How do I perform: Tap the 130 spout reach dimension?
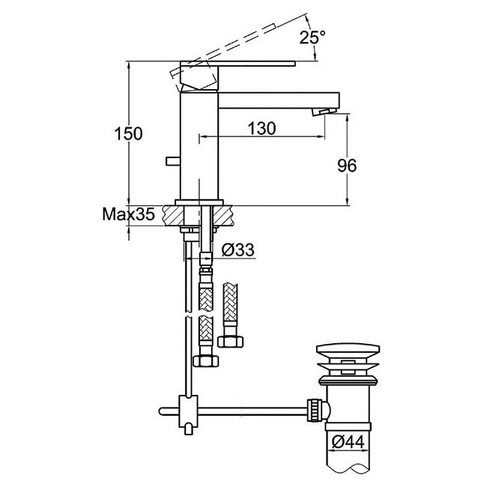coord(261,127)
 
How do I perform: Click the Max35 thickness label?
coord(128,215)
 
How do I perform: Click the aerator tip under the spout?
coord(324,112)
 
